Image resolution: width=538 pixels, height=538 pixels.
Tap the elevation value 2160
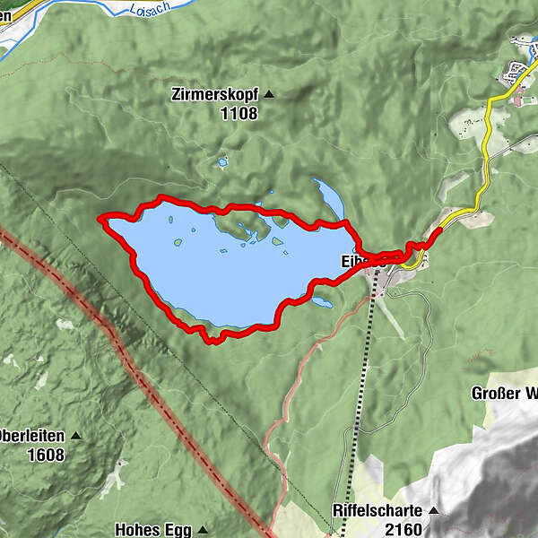point(403,529)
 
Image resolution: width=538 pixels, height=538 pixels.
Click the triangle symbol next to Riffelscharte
point(434,510)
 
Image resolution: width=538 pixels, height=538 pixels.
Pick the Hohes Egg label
point(152,529)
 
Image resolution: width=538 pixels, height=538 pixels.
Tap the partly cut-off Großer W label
point(504,393)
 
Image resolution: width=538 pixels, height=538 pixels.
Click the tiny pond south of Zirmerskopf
point(221,163)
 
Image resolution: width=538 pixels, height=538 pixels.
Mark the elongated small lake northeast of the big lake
point(328,198)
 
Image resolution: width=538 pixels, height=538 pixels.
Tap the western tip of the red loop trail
point(100,218)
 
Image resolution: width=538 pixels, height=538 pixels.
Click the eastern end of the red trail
point(439,230)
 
